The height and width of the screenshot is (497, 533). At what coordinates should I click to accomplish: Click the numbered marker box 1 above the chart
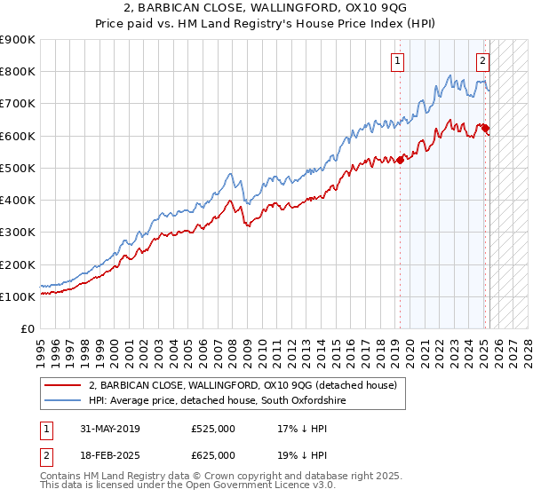click(396, 61)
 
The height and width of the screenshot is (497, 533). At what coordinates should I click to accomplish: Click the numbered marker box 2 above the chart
click(482, 61)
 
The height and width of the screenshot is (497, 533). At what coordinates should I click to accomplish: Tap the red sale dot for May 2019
click(401, 160)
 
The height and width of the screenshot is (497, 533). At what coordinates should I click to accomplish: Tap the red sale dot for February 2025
click(485, 128)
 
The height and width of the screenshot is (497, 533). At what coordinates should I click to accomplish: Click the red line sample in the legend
click(63, 385)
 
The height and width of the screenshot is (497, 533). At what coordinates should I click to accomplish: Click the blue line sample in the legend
click(63, 401)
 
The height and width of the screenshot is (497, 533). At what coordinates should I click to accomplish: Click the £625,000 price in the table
click(213, 455)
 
